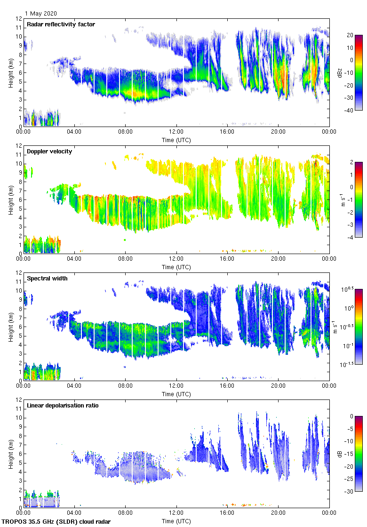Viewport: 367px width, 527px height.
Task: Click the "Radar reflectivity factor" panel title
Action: [61, 24]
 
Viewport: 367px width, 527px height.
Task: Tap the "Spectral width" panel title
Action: [47, 279]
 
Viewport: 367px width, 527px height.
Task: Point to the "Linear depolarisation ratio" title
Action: [63, 406]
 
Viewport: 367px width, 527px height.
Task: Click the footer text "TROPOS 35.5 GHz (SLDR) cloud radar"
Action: [56, 522]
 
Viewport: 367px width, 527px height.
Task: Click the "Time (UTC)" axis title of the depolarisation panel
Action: [176, 521]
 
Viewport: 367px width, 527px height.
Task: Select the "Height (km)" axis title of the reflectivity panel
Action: [11, 72]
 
